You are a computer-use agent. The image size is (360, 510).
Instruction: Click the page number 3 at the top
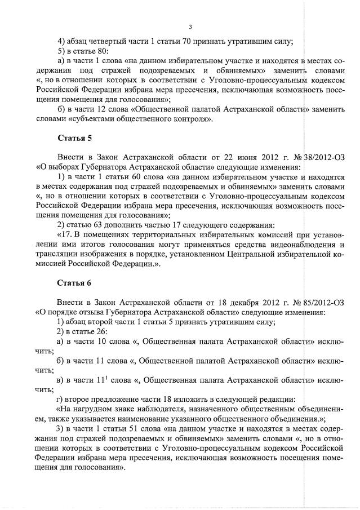[x=190, y=26]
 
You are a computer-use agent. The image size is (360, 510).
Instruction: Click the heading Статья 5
[x=74, y=138]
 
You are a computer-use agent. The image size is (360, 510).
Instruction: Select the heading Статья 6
[x=74, y=282]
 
